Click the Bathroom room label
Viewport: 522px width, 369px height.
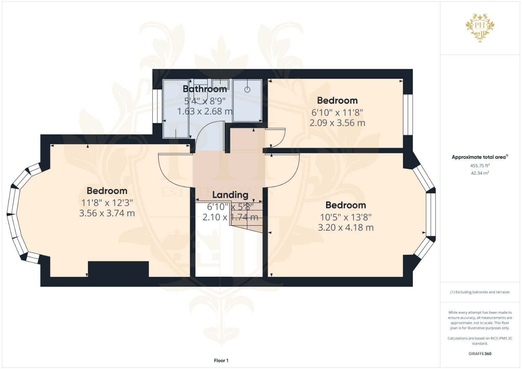pyautogui.click(x=205, y=89)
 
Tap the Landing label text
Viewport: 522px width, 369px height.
pyautogui.click(x=230, y=195)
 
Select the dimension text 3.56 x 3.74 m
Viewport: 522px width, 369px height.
pyautogui.click(x=107, y=213)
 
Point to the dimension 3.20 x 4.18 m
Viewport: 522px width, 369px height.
pyautogui.click(x=346, y=227)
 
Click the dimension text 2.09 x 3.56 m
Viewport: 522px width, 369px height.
pyautogui.click(x=337, y=123)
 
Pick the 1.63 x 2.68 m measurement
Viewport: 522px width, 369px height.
pyautogui.click(x=205, y=111)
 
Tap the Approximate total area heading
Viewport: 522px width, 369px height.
pyautogui.click(x=480, y=157)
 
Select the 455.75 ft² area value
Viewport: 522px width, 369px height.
pyautogui.click(x=480, y=166)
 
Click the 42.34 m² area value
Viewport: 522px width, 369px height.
pyautogui.click(x=480, y=173)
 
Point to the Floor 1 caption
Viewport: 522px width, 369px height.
pyautogui.click(x=221, y=360)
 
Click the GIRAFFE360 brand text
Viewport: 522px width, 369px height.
pyautogui.click(x=480, y=354)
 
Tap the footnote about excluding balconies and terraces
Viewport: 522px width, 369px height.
pyautogui.click(x=480, y=292)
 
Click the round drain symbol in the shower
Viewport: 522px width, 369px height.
pyautogui.click(x=247, y=90)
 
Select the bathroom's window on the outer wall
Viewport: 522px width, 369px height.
pyautogui.click(x=157, y=106)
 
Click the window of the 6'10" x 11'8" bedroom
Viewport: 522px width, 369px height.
pyautogui.click(x=408, y=114)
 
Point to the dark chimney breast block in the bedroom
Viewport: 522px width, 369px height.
pyautogui.click(x=118, y=269)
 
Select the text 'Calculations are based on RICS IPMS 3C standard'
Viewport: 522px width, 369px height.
pyautogui.click(x=480, y=341)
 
